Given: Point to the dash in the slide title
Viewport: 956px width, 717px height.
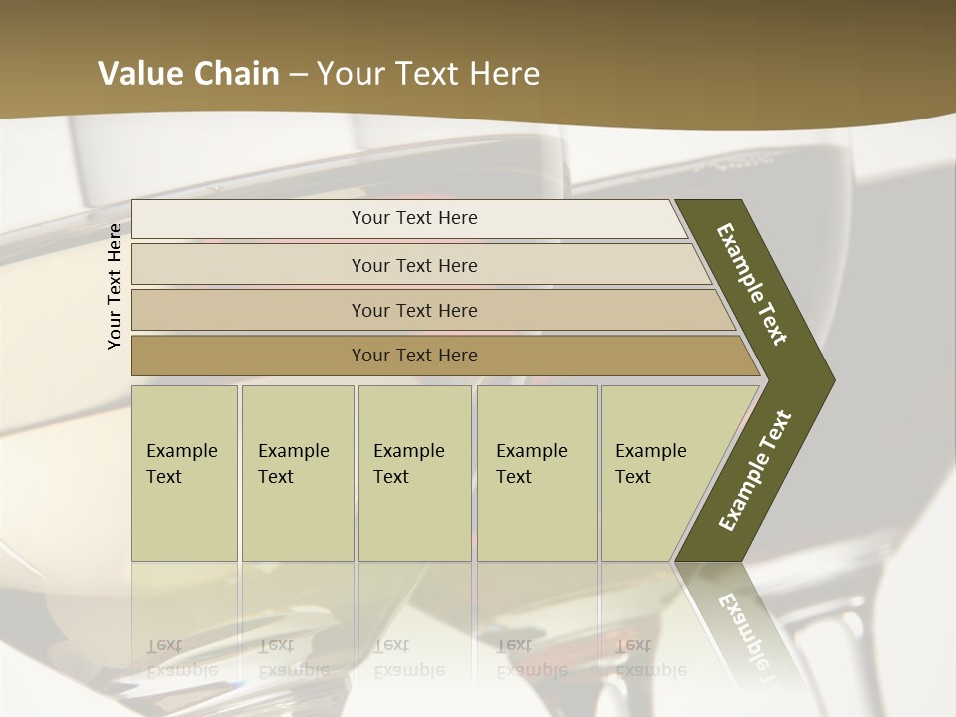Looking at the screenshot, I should (298, 75).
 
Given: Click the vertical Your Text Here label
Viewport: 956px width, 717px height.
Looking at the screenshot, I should (115, 286).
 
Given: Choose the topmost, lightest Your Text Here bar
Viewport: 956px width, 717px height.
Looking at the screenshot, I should (413, 218).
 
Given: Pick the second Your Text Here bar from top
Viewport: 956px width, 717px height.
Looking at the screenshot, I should (413, 265).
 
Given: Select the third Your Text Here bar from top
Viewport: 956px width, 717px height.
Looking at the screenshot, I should (413, 310).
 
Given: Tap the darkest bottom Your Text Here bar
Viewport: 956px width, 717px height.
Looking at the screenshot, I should (413, 356).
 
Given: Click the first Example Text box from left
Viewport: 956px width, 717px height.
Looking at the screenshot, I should (184, 472).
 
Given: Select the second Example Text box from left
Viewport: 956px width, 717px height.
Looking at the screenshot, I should (297, 472).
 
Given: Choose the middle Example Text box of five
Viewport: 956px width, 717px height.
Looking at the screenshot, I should (413, 472).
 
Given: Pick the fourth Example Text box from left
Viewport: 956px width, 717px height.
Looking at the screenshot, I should (536, 472).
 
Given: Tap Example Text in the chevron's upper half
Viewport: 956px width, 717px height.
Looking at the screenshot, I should (752, 284).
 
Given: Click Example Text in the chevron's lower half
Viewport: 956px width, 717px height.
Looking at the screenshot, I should (755, 470).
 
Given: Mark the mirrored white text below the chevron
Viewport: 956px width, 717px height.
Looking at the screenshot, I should (745, 635).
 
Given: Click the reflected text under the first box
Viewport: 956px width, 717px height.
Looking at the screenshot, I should (181, 658).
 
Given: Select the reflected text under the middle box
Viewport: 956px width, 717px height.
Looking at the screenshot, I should (408, 658).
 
